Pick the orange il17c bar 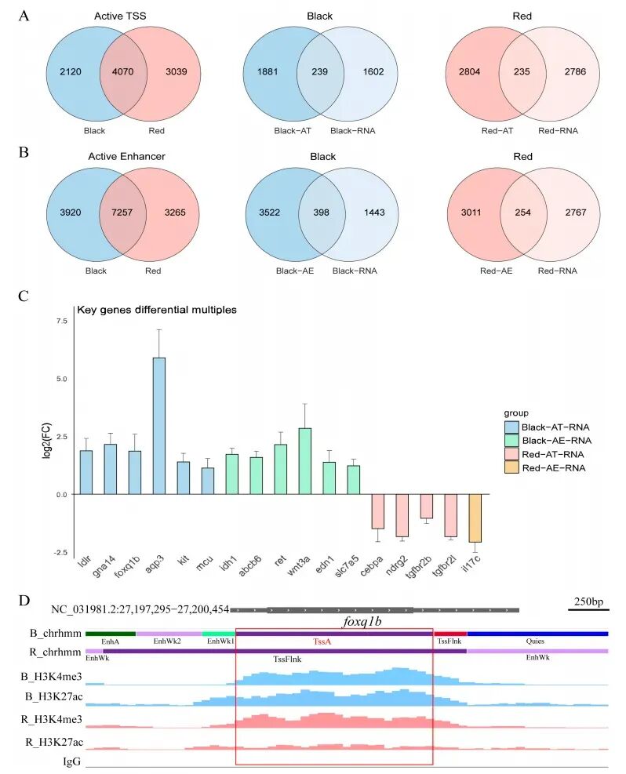(474, 518)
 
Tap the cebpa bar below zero (378, 511)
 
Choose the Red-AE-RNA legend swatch (513, 468)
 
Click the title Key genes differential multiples (156, 310)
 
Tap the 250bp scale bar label (588, 601)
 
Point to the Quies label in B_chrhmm (535, 641)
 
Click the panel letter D (24, 601)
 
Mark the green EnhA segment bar (110, 633)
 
